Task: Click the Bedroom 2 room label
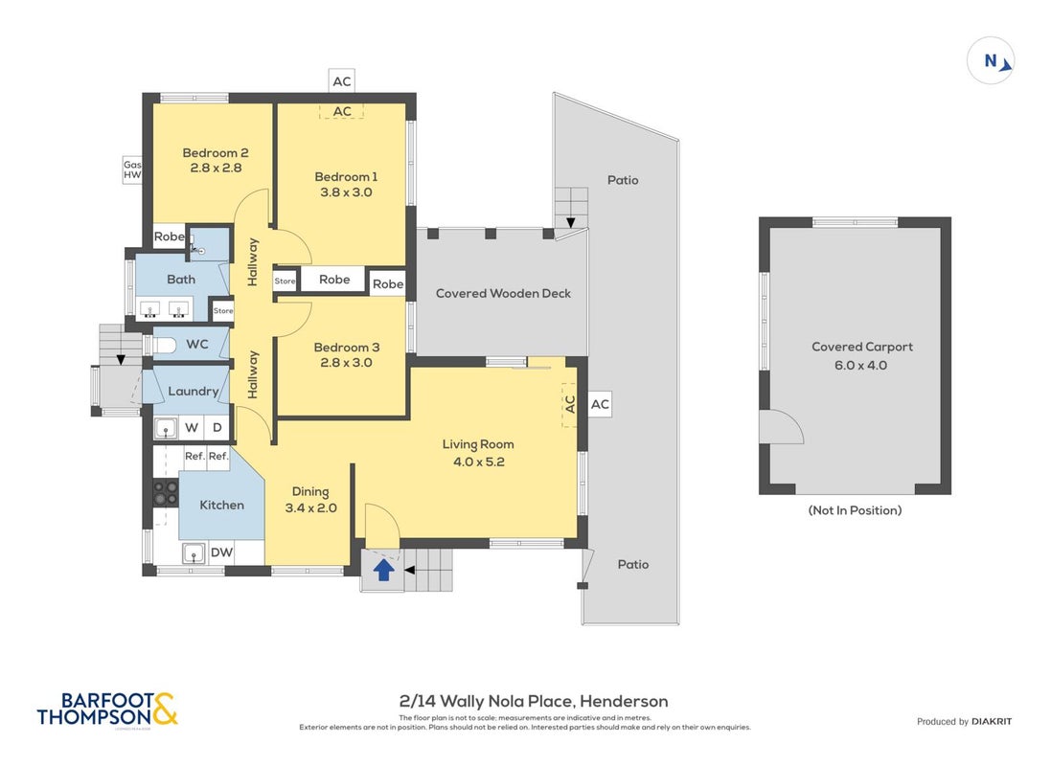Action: click(x=216, y=153)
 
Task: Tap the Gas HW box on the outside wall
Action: click(x=132, y=169)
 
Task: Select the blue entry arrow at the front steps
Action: click(x=383, y=570)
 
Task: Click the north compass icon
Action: click(x=991, y=60)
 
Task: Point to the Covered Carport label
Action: click(x=862, y=347)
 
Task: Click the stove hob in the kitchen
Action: click(x=166, y=492)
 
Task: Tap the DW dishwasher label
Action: click(x=222, y=552)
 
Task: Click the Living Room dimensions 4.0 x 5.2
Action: click(x=479, y=462)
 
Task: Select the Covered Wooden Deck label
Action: click(x=503, y=293)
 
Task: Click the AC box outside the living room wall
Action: click(x=600, y=404)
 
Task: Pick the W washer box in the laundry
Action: click(x=192, y=428)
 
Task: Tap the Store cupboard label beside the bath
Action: click(x=223, y=311)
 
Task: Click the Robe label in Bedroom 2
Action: click(x=169, y=237)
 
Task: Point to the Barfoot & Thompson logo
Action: click(x=107, y=710)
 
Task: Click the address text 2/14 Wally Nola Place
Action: click(x=487, y=701)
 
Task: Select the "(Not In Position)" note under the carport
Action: click(x=855, y=510)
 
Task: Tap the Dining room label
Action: click(x=310, y=491)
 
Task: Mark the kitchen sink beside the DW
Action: click(x=194, y=553)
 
